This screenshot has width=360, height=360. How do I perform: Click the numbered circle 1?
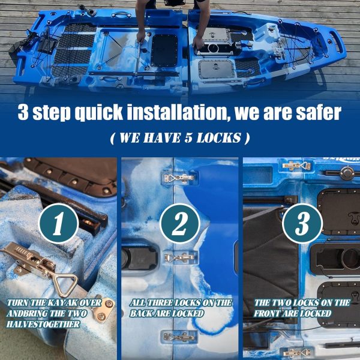pos(58,223)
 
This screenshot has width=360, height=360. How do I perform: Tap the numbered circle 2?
pos(180,223)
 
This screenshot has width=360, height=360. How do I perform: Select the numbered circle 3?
pos(302,223)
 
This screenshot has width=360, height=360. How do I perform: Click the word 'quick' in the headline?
pos(99,113)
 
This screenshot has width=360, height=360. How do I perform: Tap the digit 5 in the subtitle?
pos(188,138)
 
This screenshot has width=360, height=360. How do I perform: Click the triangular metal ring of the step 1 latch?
pos(65,284)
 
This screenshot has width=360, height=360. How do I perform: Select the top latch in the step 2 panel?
pos(179,178)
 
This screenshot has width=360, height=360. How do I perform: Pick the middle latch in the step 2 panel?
pos(179,258)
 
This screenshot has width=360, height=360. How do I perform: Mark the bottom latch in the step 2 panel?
pos(179,337)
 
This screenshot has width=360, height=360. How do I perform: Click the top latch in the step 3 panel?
pos(296,166)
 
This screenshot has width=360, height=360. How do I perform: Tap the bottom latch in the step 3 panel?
pos(296,352)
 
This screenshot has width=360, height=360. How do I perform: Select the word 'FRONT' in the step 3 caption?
pos(266,313)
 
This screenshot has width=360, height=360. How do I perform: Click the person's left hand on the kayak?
pos(199,43)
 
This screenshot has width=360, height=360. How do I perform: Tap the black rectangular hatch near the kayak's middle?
pos(164,50)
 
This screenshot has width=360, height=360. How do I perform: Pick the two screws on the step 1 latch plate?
pos(106,310)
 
